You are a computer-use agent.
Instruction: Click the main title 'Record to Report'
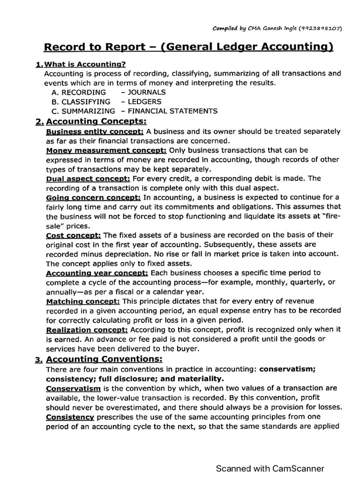pyautogui.click(x=88, y=47)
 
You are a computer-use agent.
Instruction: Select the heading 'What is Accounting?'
pyautogui.click(x=85, y=64)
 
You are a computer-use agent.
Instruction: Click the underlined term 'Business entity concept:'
pyautogui.click(x=95, y=132)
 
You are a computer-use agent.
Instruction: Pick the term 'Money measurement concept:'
pyautogui.click(x=106, y=150)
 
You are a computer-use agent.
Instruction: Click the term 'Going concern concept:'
pyautogui.click(x=93, y=197)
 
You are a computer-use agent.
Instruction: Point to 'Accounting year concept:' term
pyautogui.click(x=97, y=272)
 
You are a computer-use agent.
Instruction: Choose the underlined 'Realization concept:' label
pyautogui.click(x=87, y=330)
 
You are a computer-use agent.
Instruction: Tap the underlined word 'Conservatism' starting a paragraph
pyautogui.click(x=73, y=388)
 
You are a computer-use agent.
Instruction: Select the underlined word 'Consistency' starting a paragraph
pyautogui.click(x=70, y=417)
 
